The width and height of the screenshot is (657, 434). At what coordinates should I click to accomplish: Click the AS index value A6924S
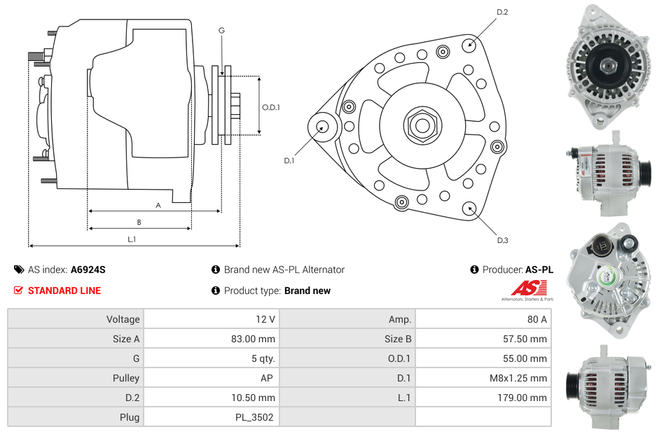[x=88, y=269]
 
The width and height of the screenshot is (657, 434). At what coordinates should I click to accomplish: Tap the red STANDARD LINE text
[x=64, y=290]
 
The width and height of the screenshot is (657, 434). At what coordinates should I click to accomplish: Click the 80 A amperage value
[x=537, y=319]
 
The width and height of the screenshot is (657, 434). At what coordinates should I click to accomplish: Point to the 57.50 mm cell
[x=529, y=339]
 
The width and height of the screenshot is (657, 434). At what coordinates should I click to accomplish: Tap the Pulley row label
[x=126, y=378]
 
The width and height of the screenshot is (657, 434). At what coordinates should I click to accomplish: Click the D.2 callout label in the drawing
[x=502, y=12]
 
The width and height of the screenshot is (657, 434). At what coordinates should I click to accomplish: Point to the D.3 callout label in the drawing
[x=502, y=240]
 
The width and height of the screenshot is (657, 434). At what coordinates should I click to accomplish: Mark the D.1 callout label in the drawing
[x=289, y=161]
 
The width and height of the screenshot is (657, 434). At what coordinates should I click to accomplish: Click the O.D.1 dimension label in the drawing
[x=271, y=107]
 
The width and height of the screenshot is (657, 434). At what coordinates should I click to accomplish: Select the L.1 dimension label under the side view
[x=132, y=239]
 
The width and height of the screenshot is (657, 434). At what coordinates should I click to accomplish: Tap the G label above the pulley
[x=221, y=30]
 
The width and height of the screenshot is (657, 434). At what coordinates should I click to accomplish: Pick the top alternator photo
[x=607, y=66]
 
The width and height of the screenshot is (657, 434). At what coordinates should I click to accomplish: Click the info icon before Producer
[x=474, y=269]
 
